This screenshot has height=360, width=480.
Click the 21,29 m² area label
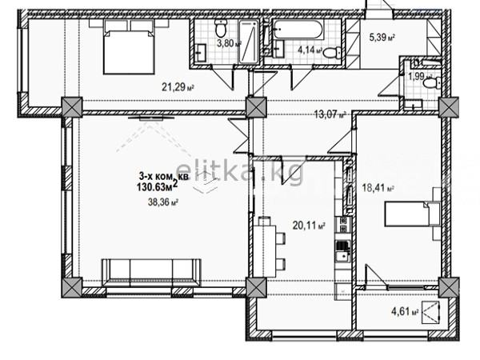[x=178, y=87]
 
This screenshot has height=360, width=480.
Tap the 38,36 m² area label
[x=163, y=202]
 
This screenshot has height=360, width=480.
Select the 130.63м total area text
[x=158, y=186]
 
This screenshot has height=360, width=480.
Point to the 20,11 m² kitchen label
[x=309, y=226]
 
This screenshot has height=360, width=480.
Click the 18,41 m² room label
[x=378, y=187]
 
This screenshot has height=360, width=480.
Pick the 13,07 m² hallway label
[x=330, y=114]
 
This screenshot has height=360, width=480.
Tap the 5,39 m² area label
[x=382, y=38]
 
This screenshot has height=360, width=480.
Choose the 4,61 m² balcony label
[x=405, y=312]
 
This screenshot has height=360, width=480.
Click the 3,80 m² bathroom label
[x=229, y=43]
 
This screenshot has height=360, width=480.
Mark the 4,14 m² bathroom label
[x=310, y=50]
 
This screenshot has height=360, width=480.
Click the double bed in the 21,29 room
[x=129, y=47]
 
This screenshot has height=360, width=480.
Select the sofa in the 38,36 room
[x=151, y=273]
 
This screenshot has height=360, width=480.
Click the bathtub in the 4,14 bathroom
[x=298, y=30]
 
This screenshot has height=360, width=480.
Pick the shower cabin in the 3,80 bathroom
[x=249, y=42]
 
